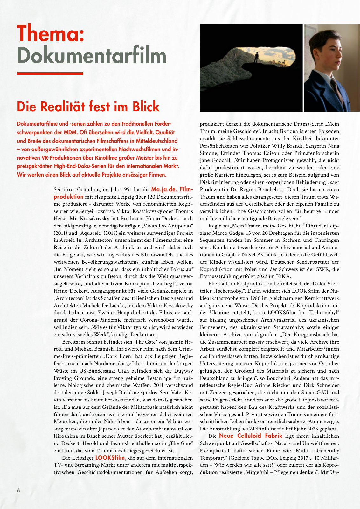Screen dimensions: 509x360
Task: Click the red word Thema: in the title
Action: point(51,33)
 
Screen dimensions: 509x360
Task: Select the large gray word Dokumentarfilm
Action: point(92,56)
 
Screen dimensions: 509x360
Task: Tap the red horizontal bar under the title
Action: point(50,73)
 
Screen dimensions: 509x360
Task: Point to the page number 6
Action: point(18,490)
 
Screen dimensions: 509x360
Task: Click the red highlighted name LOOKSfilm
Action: point(110,458)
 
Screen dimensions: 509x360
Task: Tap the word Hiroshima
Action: point(66,436)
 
